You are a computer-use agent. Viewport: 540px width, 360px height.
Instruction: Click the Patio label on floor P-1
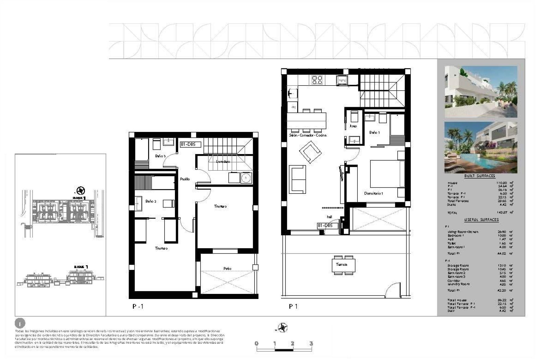227,269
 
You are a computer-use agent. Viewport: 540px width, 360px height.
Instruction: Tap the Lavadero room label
223,162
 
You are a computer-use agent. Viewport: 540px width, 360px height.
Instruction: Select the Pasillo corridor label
185,179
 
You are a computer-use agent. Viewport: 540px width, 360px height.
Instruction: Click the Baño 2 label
151,201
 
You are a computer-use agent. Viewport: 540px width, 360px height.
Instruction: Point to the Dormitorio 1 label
373,193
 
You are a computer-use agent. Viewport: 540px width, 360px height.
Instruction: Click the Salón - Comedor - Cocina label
308,135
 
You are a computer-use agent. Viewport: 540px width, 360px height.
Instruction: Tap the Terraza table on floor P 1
343,265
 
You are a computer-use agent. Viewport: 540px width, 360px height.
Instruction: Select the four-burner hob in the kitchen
317,80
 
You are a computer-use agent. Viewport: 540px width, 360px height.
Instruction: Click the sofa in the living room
298,179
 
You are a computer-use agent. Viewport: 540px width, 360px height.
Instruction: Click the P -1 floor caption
138,307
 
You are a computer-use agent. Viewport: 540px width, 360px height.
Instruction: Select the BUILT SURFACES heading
480,176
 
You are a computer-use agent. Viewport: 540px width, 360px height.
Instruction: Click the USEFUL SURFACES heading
481,220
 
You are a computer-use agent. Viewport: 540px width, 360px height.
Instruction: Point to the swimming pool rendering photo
481,147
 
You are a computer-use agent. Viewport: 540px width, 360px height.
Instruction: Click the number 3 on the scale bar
311,343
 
